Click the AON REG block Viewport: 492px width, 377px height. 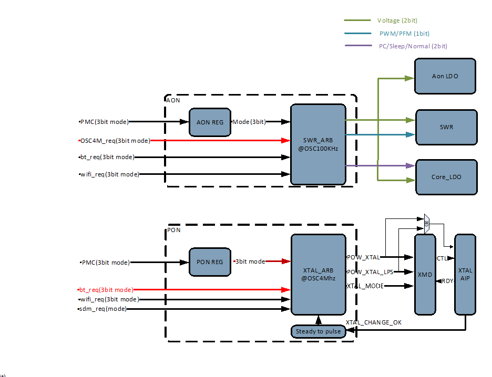pyautogui.click(x=210, y=122)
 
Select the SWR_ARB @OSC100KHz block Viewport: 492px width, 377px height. pyautogui.click(x=318, y=144)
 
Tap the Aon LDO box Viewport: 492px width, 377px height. pyautogui.click(x=445, y=76)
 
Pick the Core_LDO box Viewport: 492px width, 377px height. pyautogui.click(x=446, y=177)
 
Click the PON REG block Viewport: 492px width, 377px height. pyautogui.click(x=210, y=261)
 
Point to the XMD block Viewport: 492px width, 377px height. pyautogui.click(x=425, y=274)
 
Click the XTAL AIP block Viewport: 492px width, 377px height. pyautogui.click(x=465, y=274)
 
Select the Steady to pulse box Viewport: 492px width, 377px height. pyautogui.click(x=318, y=331)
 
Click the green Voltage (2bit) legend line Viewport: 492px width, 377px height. pyautogui.click(x=357, y=20)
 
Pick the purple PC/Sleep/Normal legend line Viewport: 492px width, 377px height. pyautogui.click(x=357, y=46)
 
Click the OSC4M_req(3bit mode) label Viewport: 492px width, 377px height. pyautogui.click(x=115, y=140)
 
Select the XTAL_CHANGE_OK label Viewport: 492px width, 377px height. pyautogui.click(x=373, y=322)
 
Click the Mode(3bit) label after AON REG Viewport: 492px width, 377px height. pyautogui.click(x=249, y=122)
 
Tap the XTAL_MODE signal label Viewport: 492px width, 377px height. pyautogui.click(x=365, y=286)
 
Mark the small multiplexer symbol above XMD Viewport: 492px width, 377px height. pyautogui.click(x=426, y=221)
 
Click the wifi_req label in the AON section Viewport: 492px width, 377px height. pyautogui.click(x=109, y=174)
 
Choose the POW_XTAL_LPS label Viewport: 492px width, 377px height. pyautogui.click(x=370, y=271)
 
